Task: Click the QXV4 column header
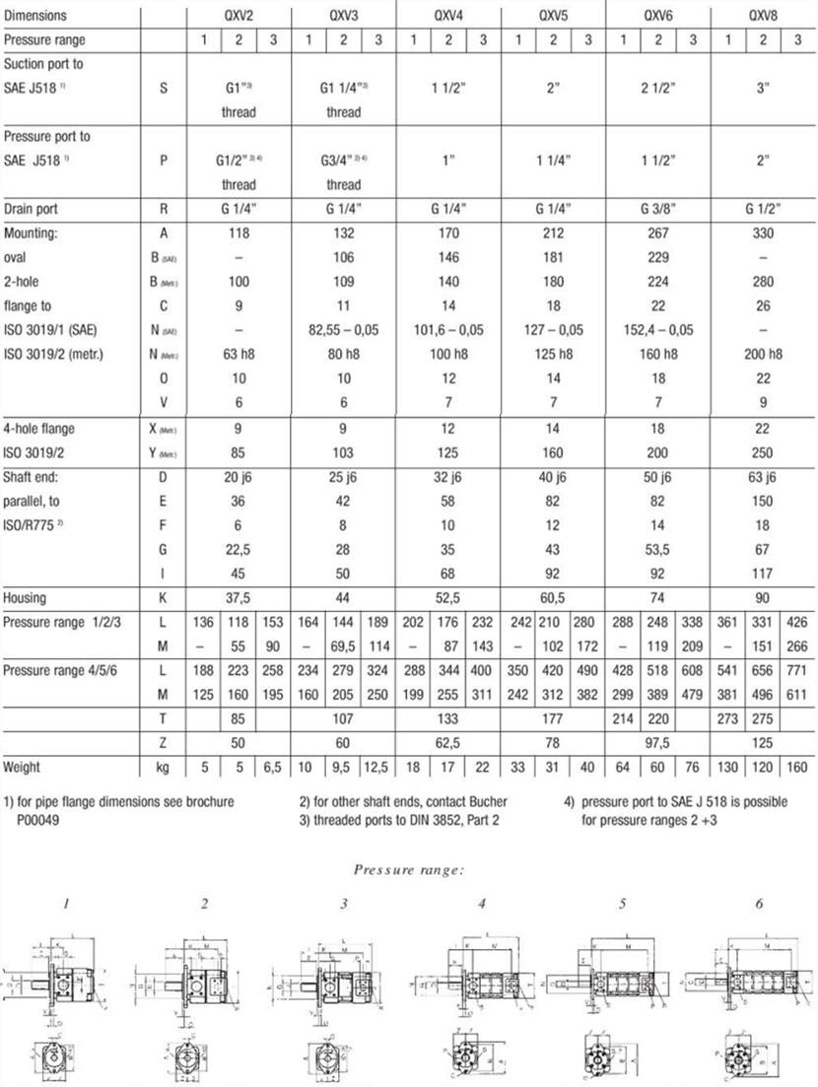[447, 16]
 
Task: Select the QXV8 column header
[763, 16]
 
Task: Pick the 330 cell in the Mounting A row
[763, 234]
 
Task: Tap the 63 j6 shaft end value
[763, 478]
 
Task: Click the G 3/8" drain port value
[658, 209]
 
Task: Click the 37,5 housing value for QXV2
[239, 598]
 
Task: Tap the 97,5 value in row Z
[658, 741]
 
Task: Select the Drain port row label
[35, 209]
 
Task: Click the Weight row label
[24, 766]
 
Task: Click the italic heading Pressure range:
[409, 869]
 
